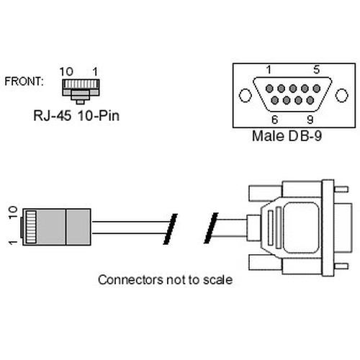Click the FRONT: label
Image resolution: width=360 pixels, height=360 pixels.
click(24, 81)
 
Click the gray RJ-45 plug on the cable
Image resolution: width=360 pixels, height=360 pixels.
click(58, 225)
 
